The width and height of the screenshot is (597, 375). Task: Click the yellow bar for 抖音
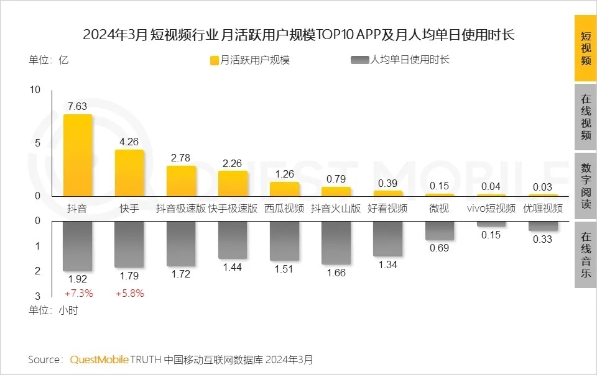click(x=78, y=155)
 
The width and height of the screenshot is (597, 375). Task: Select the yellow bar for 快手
click(x=129, y=173)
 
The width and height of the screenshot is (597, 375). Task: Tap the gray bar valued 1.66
click(x=336, y=242)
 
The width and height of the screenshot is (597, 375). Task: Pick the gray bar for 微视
click(x=439, y=230)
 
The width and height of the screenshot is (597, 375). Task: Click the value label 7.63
click(x=78, y=106)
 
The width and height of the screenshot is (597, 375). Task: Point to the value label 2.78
click(x=181, y=158)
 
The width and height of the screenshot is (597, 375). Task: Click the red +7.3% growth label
click(x=78, y=293)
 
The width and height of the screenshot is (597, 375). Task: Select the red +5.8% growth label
click(x=129, y=293)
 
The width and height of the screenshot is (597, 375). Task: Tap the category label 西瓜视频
click(x=284, y=209)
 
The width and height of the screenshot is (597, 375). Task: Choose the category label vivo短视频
click(x=491, y=209)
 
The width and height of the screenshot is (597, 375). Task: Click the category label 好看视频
click(x=387, y=209)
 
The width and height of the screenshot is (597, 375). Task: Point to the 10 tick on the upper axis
click(x=35, y=90)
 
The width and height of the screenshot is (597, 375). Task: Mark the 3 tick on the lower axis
click(x=37, y=296)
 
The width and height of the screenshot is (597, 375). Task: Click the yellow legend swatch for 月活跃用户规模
click(x=215, y=60)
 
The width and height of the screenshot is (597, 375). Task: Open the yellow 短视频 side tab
click(x=585, y=49)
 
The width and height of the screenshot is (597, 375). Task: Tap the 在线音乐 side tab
click(x=585, y=255)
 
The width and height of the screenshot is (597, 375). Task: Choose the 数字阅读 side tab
click(x=585, y=186)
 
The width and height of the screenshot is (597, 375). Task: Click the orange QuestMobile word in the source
click(x=99, y=359)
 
